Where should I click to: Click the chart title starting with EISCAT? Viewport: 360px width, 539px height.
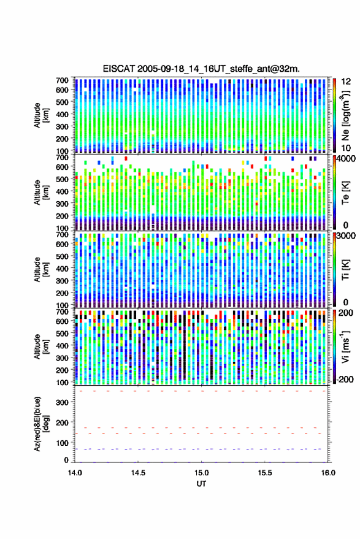tap(201, 69)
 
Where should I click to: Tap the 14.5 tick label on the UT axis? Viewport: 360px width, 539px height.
tap(138, 473)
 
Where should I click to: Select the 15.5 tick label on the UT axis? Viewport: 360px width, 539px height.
tap(265, 473)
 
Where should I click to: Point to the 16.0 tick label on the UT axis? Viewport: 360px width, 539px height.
tap(328, 473)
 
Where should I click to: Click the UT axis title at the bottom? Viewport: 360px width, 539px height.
tap(201, 484)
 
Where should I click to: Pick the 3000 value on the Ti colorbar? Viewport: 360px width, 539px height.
tap(347, 236)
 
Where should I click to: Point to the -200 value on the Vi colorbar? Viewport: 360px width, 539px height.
tap(345, 380)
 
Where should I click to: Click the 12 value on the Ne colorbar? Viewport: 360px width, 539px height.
tap(347, 82)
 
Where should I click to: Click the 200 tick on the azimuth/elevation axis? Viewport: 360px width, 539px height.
tap(62, 423)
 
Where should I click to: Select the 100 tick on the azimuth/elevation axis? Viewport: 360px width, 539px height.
tap(62, 443)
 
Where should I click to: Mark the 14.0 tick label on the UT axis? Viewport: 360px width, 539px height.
tap(75, 473)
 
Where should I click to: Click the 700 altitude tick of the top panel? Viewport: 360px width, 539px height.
tap(62, 80)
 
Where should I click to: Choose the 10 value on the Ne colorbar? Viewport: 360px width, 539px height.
tap(347, 148)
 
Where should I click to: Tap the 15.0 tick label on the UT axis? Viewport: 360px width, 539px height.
tap(201, 473)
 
